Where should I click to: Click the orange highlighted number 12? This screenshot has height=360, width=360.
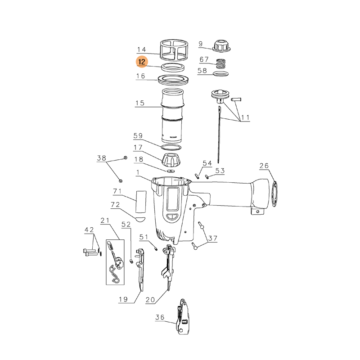point(142,62)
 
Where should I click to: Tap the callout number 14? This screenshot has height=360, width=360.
point(141,49)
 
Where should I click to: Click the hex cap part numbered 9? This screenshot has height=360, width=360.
point(221,46)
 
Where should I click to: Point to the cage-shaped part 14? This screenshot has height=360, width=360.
point(174,49)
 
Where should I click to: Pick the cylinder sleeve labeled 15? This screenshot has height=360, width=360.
point(173,116)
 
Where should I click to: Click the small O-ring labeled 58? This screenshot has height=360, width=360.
point(221,74)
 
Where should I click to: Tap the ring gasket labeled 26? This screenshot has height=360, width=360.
point(274,194)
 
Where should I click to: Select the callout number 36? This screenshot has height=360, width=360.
point(160,317)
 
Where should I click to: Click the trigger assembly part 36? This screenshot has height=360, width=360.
point(183,317)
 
